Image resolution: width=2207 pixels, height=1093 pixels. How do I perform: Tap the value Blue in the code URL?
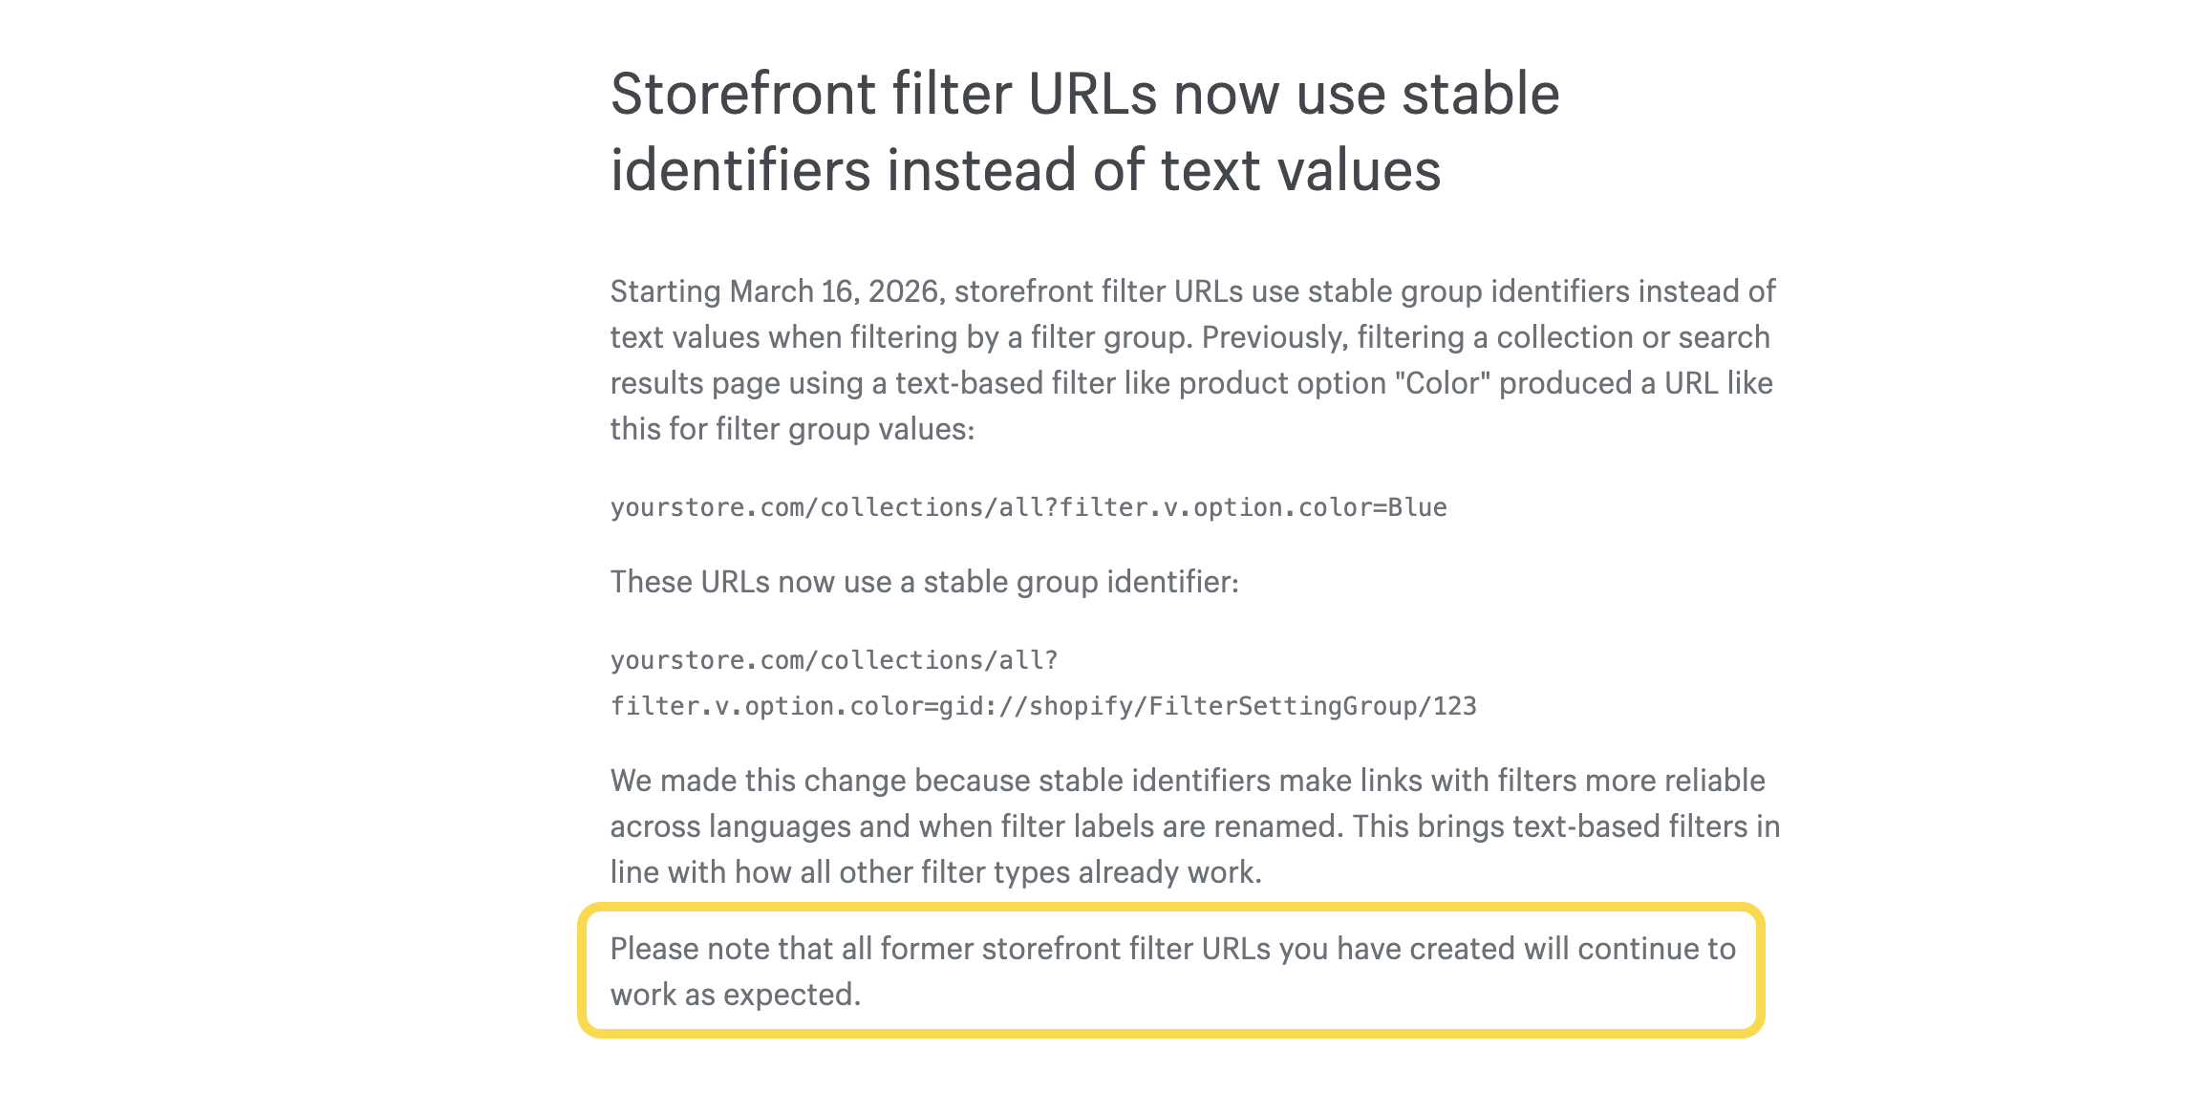(x=1417, y=507)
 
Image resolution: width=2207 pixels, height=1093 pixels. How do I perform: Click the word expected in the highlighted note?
(x=792, y=995)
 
